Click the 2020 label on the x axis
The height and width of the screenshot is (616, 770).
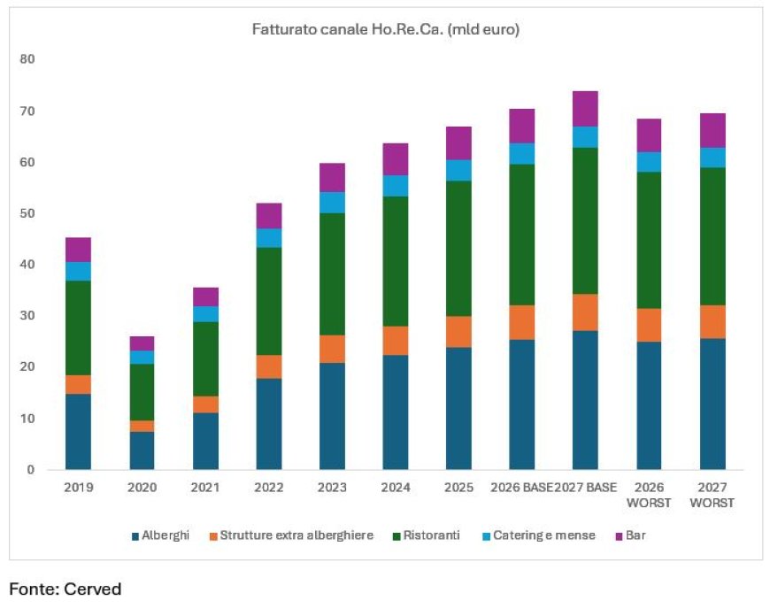tap(142, 488)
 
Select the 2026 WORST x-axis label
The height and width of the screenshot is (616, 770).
tap(649, 495)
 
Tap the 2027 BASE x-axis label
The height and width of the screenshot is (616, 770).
tap(585, 488)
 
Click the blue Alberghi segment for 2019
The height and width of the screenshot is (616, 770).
tap(78, 431)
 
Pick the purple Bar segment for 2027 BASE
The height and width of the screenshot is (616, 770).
tap(585, 108)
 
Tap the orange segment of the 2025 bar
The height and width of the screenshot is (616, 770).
tap(458, 332)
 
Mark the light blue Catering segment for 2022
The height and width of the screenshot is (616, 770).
tap(268, 237)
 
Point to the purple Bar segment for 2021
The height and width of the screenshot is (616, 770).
tap(205, 296)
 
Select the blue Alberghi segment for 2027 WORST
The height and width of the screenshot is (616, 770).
tap(712, 404)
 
